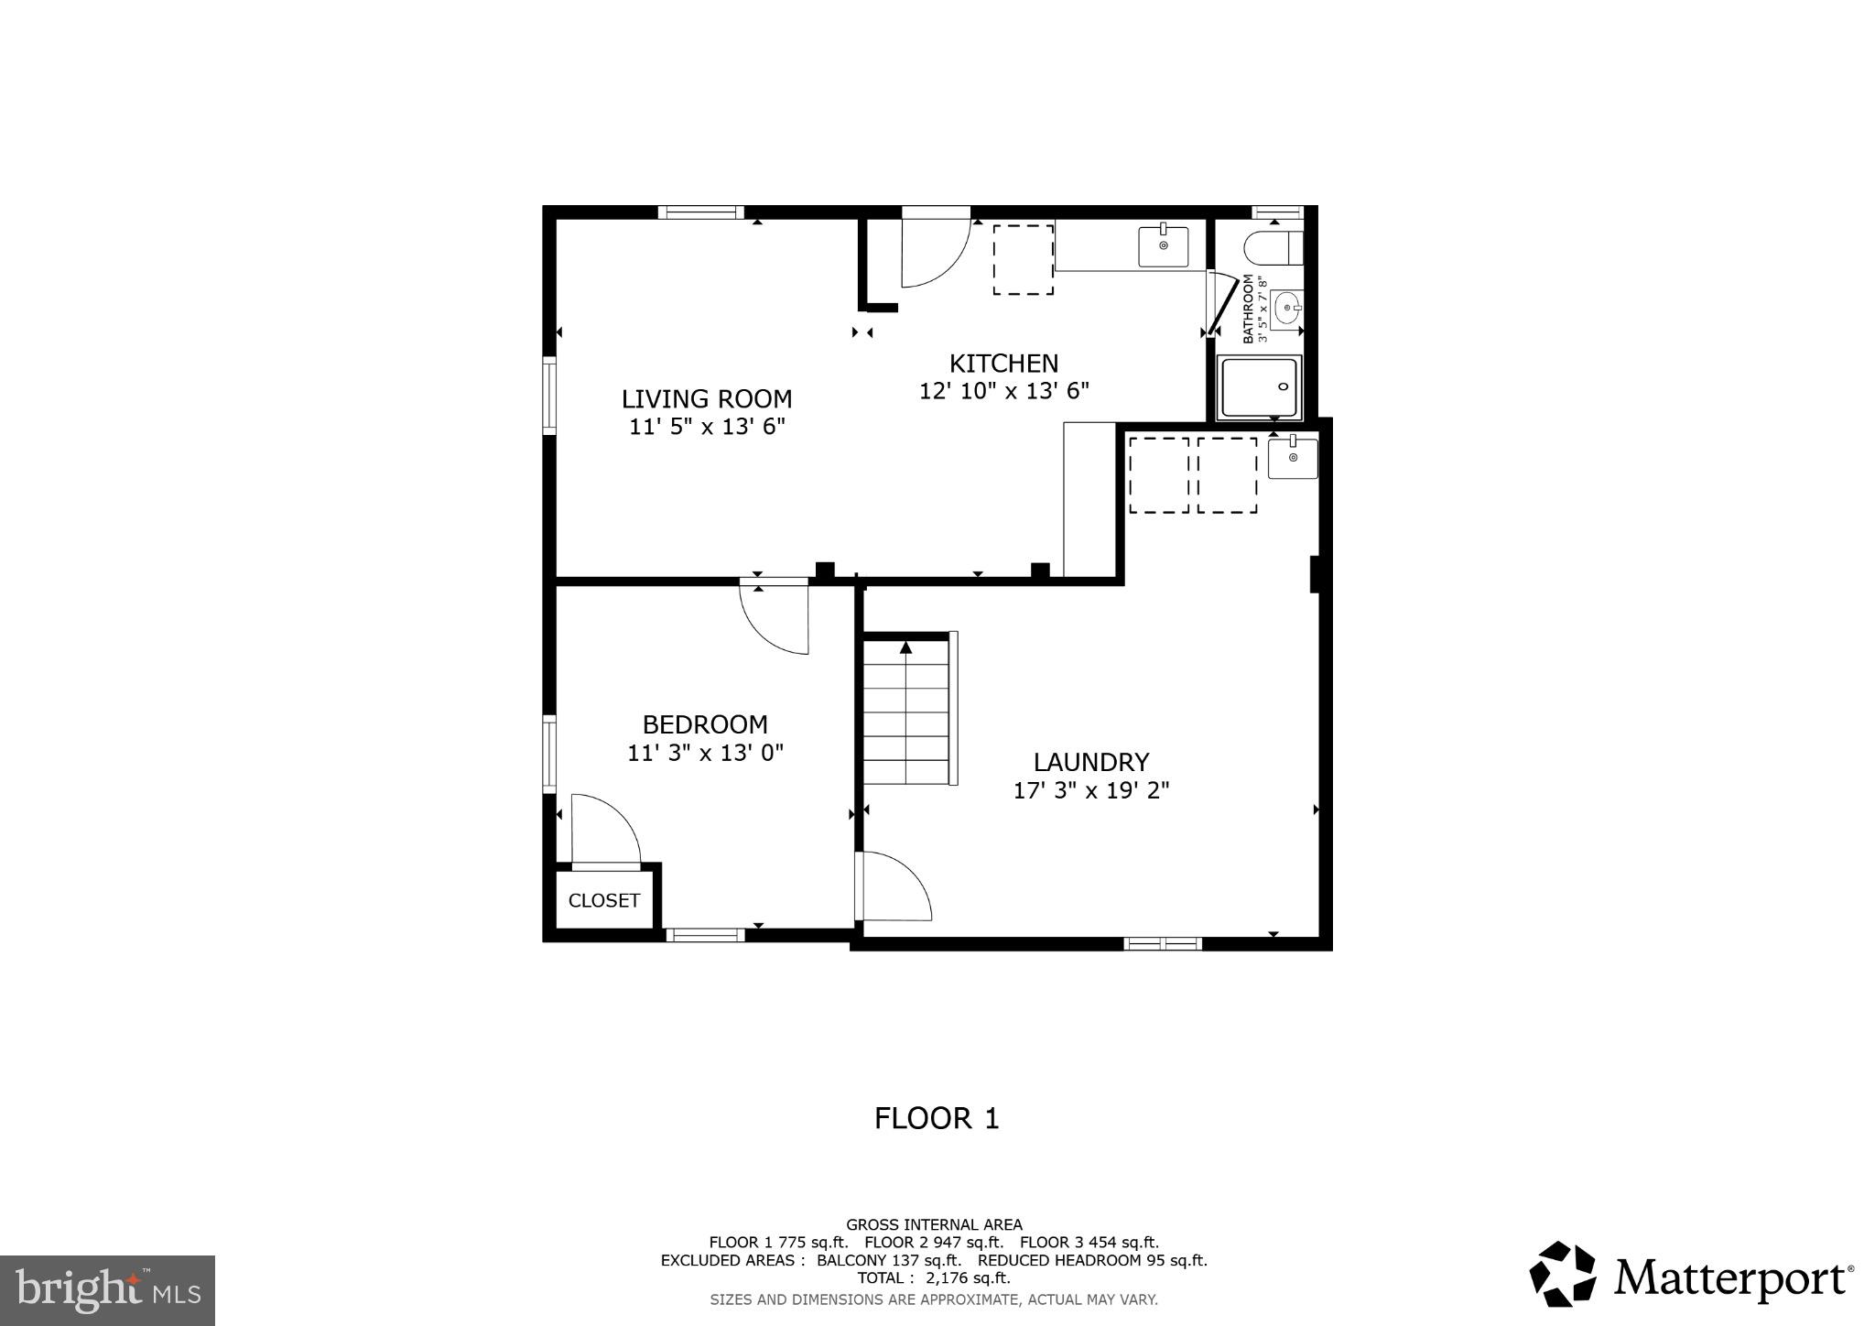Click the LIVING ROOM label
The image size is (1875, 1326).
click(706, 399)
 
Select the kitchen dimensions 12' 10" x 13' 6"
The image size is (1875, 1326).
click(1003, 391)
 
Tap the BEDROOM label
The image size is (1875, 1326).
click(704, 725)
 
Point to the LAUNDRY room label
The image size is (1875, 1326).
click(1090, 762)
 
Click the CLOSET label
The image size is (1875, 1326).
click(603, 901)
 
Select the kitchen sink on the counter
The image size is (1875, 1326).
click(1163, 245)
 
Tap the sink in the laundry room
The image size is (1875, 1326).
click(1292, 458)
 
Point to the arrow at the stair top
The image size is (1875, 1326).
click(905, 647)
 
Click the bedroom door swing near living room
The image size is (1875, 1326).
click(775, 618)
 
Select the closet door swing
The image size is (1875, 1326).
click(604, 829)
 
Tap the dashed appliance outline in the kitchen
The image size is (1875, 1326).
click(1023, 259)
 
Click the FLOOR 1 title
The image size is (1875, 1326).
click(936, 1118)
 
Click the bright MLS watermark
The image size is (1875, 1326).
click(107, 1290)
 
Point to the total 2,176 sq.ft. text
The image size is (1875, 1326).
click(933, 1277)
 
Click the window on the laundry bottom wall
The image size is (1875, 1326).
click(1162, 943)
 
